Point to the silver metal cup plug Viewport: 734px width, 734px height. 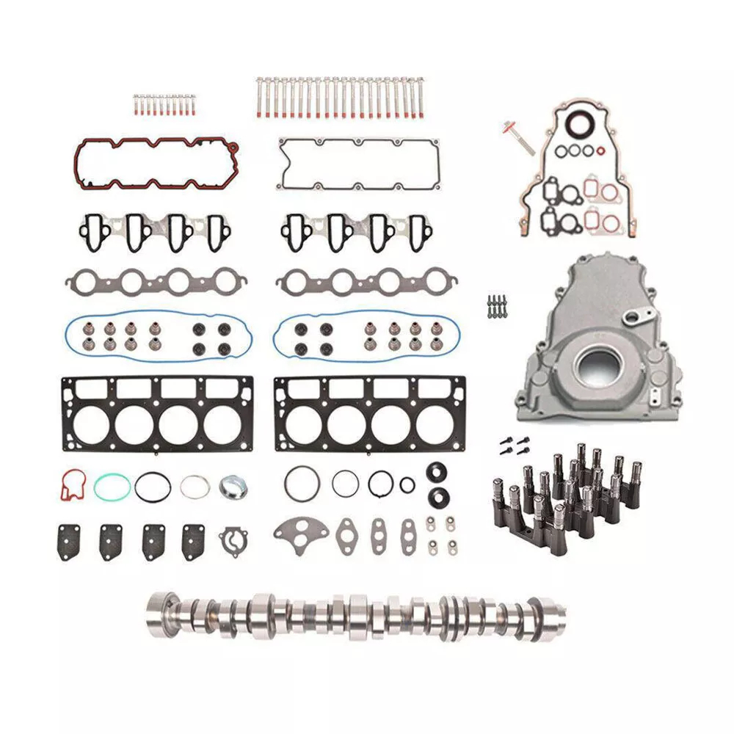(234, 486)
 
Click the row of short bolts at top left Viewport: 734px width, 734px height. (165, 105)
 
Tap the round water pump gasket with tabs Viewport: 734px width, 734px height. (233, 541)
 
